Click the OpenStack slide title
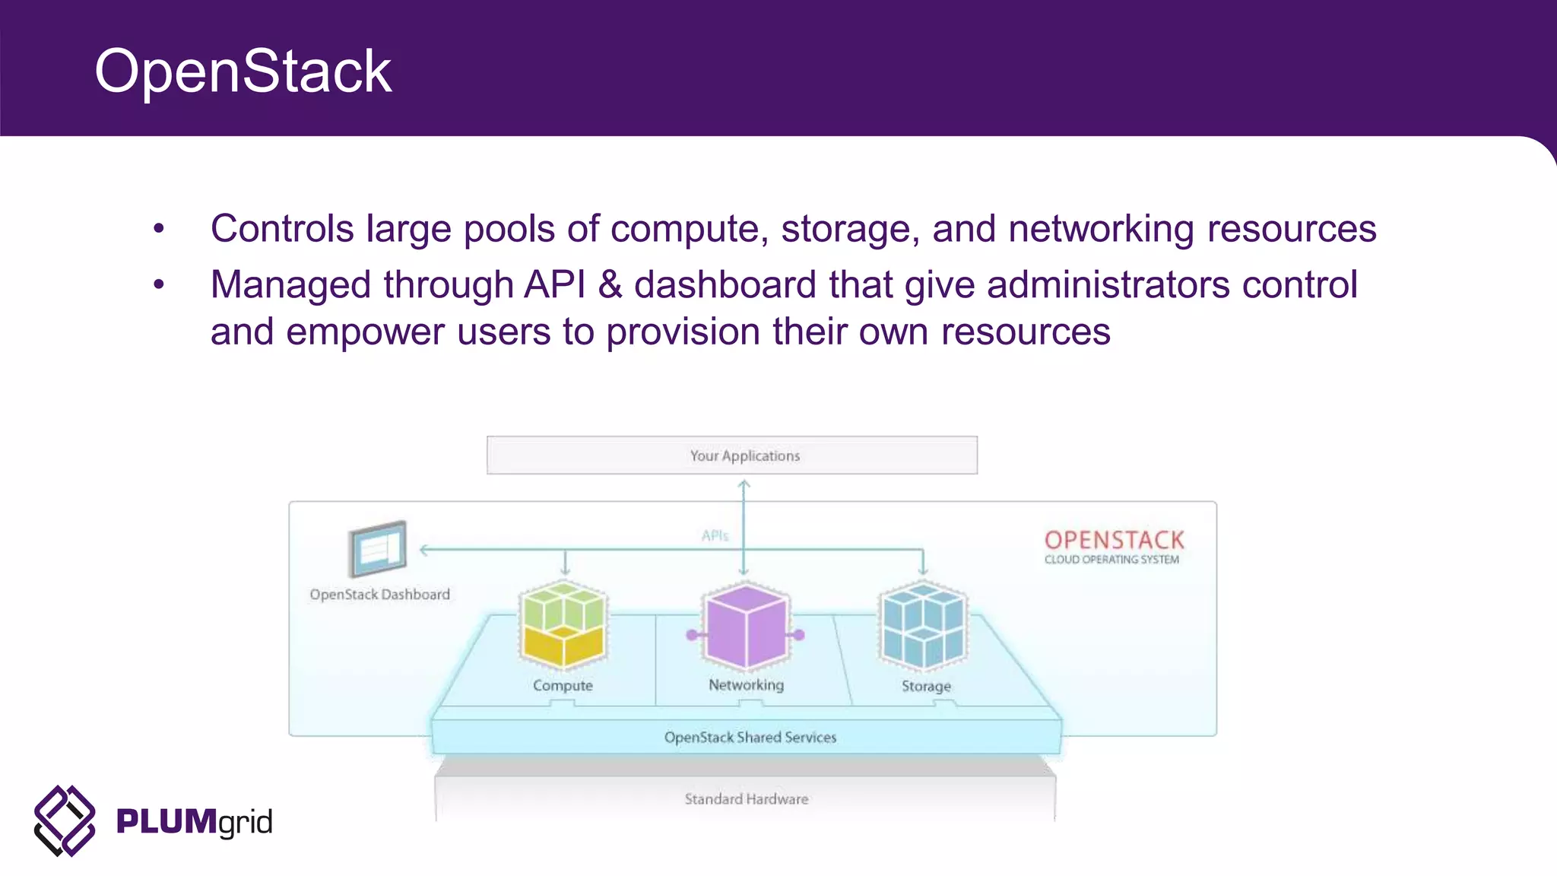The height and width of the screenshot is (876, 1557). pyautogui.click(x=243, y=71)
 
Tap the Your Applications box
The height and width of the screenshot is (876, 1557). pyautogui.click(x=731, y=455)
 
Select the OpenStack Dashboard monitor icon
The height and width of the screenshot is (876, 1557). pyautogui.click(x=378, y=548)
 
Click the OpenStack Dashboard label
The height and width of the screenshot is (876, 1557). pyautogui.click(x=379, y=595)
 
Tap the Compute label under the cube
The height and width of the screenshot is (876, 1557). pyautogui.click(x=563, y=685)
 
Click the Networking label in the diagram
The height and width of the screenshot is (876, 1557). pyautogui.click(x=746, y=684)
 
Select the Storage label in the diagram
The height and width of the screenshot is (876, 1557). pyautogui.click(x=926, y=686)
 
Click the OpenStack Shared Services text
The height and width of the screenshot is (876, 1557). pyautogui.click(x=750, y=737)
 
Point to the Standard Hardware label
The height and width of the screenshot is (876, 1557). pyautogui.click(x=746, y=799)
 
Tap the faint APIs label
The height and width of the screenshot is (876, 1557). pyautogui.click(x=715, y=536)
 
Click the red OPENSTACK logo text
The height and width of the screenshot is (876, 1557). pyautogui.click(x=1114, y=540)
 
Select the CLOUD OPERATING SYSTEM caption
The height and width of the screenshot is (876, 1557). pyautogui.click(x=1111, y=560)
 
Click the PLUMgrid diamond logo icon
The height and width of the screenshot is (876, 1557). pyautogui.click(x=65, y=820)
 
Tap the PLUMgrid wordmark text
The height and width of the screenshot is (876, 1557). pyautogui.click(x=194, y=822)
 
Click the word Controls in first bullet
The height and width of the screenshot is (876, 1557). pyautogui.click(x=282, y=229)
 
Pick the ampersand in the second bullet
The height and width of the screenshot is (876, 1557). pyautogui.click(x=610, y=285)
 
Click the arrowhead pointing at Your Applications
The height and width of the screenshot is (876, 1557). pyautogui.click(x=744, y=484)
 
